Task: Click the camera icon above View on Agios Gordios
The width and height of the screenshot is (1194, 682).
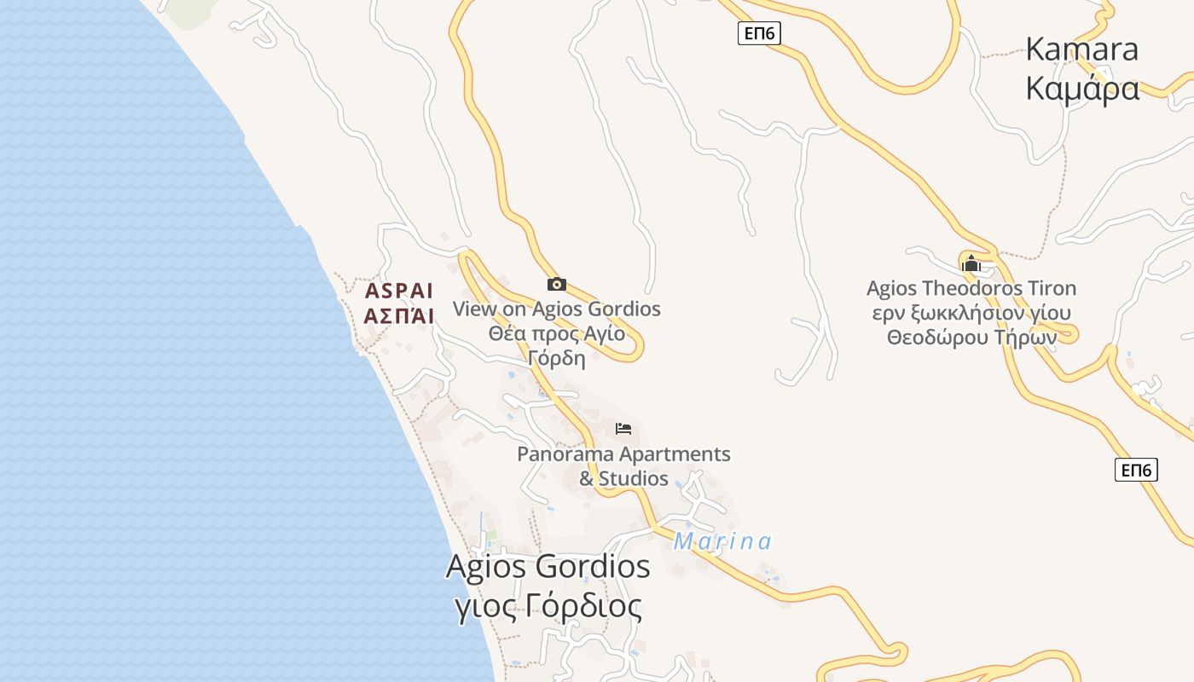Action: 557,284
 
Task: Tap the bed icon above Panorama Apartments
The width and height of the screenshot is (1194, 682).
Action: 623,428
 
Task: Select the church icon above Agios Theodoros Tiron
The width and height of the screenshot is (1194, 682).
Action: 971,263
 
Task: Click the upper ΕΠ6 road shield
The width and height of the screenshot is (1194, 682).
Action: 759,33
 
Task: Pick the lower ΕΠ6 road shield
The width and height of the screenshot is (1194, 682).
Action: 1136,470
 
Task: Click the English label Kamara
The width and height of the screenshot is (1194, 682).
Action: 1081,49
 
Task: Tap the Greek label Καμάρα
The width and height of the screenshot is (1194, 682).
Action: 1082,88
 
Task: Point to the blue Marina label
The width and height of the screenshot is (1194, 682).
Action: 722,541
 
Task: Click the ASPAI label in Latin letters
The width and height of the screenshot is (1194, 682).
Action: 399,291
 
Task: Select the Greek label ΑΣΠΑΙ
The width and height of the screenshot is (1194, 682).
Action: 399,316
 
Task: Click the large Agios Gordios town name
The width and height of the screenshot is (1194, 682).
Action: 548,567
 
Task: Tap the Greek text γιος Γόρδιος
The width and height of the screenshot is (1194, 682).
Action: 548,606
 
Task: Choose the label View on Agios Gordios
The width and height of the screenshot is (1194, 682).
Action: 557,309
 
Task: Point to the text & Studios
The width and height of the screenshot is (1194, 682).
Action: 623,478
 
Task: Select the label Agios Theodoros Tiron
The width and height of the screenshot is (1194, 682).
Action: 971,288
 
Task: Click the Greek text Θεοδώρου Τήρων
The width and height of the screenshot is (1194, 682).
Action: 971,337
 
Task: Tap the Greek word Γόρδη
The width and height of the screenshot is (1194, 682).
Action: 557,357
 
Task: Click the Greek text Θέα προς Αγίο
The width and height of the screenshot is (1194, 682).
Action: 557,333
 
